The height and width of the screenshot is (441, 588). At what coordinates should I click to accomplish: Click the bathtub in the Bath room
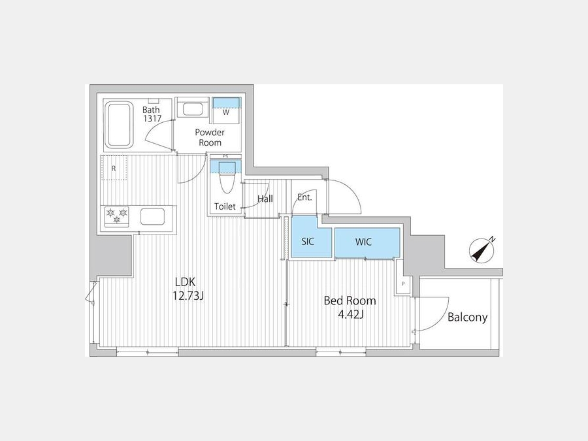[x=118, y=125]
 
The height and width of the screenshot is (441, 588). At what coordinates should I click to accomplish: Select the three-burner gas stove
[x=117, y=217]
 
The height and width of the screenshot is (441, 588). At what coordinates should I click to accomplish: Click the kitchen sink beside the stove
[x=152, y=216]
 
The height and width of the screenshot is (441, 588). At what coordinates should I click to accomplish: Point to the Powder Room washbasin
[x=192, y=109]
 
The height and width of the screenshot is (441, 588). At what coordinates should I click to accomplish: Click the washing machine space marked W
[x=226, y=110]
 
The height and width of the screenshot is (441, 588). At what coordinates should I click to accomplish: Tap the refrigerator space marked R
[x=114, y=168]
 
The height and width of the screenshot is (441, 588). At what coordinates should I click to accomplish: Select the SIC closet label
[x=308, y=242]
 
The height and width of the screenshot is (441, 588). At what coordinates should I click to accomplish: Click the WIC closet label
[x=363, y=242]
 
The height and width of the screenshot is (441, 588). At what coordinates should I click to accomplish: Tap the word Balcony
[x=467, y=318]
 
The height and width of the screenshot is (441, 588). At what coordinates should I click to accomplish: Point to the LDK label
[x=186, y=282]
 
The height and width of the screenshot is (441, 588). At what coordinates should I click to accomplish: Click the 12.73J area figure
[x=188, y=296]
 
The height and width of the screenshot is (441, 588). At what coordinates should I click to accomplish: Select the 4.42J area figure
[x=351, y=314]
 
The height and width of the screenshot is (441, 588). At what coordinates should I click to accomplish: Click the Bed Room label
[x=350, y=301]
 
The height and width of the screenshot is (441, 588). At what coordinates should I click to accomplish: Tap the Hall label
[x=265, y=199]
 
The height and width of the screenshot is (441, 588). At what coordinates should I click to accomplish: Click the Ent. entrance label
[x=304, y=197]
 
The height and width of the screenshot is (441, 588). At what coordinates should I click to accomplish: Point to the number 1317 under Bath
[x=152, y=118]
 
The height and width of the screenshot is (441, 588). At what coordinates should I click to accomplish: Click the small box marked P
[x=403, y=284]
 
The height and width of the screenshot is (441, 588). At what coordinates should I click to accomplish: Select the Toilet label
[x=225, y=206]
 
